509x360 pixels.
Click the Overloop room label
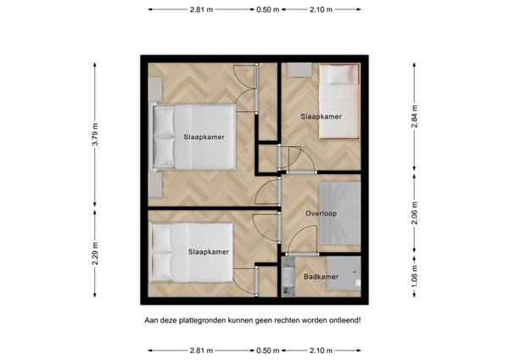point(321,213)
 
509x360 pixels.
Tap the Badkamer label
point(321,277)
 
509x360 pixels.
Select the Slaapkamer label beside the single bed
point(321,116)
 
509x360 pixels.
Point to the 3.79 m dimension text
point(95,134)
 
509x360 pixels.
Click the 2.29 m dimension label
point(95,253)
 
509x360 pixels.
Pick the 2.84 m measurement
point(415,116)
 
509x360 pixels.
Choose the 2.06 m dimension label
point(415,213)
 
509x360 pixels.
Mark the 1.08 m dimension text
point(415,276)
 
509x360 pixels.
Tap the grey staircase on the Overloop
point(340,213)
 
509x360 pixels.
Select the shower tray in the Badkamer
point(343,273)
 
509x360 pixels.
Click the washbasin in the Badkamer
point(288,277)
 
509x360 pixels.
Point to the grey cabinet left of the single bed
point(299,70)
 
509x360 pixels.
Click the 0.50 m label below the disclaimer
point(268,351)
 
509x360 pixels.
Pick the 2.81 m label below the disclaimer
point(201,351)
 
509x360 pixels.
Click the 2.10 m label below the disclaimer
point(321,351)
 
